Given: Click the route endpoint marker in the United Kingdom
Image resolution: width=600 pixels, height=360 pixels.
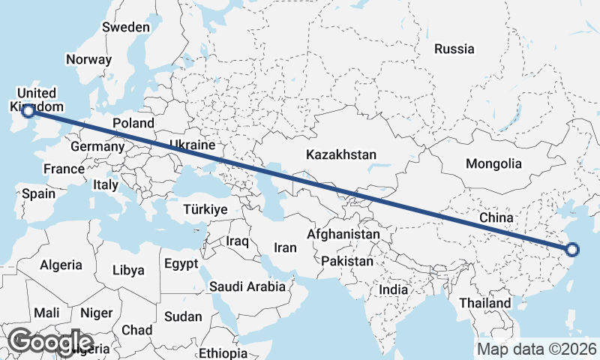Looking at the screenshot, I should pyautogui.click(x=28, y=111).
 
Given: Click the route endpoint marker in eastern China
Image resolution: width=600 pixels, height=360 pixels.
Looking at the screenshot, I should pyautogui.click(x=571, y=250).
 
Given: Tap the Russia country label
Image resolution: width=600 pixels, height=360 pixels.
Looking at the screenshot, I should pyautogui.click(x=454, y=49).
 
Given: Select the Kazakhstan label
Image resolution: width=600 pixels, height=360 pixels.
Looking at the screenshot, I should pyautogui.click(x=341, y=154).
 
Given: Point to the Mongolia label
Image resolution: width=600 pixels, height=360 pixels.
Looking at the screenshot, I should pyautogui.click(x=493, y=163).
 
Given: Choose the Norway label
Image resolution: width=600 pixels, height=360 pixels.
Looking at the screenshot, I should pyautogui.click(x=88, y=59).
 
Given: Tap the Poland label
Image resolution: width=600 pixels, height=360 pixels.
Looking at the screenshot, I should pyautogui.click(x=133, y=123).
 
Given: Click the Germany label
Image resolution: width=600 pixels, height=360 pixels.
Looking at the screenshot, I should pyautogui.click(x=97, y=146).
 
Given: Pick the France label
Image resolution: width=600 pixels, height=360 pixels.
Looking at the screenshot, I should pyautogui.click(x=64, y=169).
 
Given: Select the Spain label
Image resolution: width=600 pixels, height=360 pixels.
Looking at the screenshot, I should pyautogui.click(x=38, y=193).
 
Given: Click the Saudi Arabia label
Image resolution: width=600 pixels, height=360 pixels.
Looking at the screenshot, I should pyautogui.click(x=247, y=286).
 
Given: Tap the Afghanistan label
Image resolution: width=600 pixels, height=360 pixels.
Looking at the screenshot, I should pyautogui.click(x=343, y=235).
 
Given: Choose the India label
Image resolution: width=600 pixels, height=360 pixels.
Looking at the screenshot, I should pyautogui.click(x=393, y=289).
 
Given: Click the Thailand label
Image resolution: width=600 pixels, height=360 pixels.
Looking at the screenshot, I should pyautogui.click(x=486, y=303).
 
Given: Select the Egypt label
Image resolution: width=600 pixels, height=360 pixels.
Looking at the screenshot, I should pyautogui.click(x=181, y=264).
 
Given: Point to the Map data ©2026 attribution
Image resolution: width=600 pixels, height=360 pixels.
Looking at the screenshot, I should pyautogui.click(x=537, y=349).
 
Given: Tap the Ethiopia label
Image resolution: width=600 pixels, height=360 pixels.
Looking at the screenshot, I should pyautogui.click(x=223, y=352).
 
